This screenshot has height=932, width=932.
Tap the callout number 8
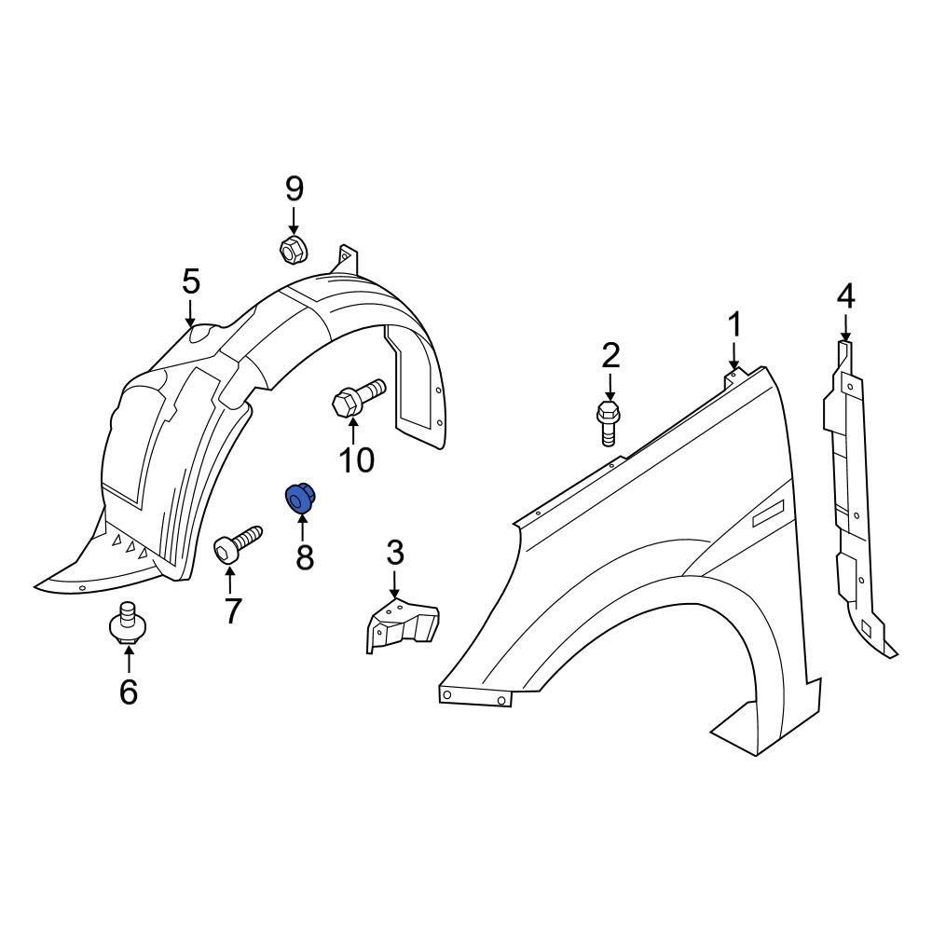(305, 557)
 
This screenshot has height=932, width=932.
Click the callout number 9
(294, 189)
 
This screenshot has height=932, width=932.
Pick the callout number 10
(356, 459)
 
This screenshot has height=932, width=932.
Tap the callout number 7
(231, 610)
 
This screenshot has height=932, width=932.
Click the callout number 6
(128, 691)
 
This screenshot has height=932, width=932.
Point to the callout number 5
(190, 281)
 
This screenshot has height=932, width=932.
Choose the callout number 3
(395, 554)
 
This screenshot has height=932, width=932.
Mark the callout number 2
(610, 355)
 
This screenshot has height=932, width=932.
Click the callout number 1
(734, 325)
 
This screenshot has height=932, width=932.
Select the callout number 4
(845, 296)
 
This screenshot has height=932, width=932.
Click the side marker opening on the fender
(770, 514)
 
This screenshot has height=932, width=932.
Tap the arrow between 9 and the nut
(294, 221)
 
